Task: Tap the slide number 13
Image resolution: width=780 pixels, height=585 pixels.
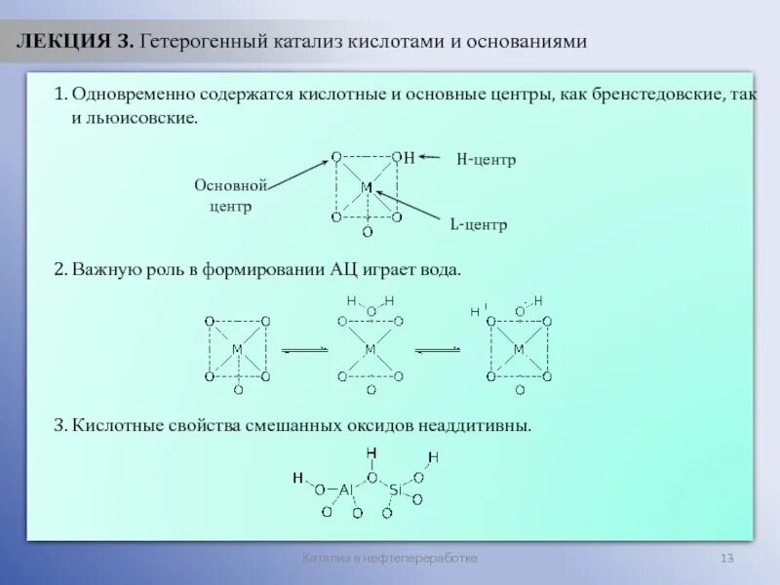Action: [x=726, y=558]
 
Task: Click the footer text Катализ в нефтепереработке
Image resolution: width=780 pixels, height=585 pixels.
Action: [x=389, y=558]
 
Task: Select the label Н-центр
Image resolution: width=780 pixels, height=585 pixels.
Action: [x=486, y=158]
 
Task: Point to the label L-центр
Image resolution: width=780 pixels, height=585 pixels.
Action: [x=478, y=224]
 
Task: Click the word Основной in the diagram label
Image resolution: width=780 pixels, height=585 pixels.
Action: [x=230, y=185]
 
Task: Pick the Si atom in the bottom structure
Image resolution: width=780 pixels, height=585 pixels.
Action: [x=395, y=489]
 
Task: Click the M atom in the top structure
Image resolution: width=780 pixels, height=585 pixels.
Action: [x=367, y=186]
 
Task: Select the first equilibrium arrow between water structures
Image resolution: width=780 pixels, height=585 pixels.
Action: [x=303, y=350]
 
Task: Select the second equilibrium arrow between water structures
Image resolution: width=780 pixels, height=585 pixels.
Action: [x=437, y=350]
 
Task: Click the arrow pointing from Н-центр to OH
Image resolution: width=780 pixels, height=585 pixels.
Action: [x=430, y=157]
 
